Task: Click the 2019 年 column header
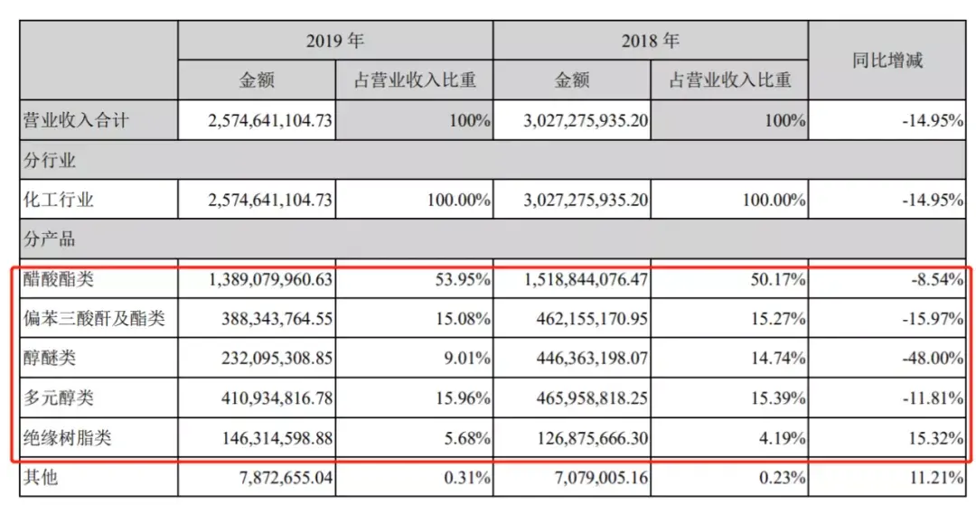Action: click(335, 41)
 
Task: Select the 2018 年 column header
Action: click(650, 41)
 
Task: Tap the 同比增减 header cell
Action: click(887, 61)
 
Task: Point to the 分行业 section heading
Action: click(50, 161)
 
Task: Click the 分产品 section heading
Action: click(50, 240)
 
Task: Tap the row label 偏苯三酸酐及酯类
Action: click(93, 318)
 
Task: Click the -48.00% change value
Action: click(932, 358)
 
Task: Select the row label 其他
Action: click(41, 477)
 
